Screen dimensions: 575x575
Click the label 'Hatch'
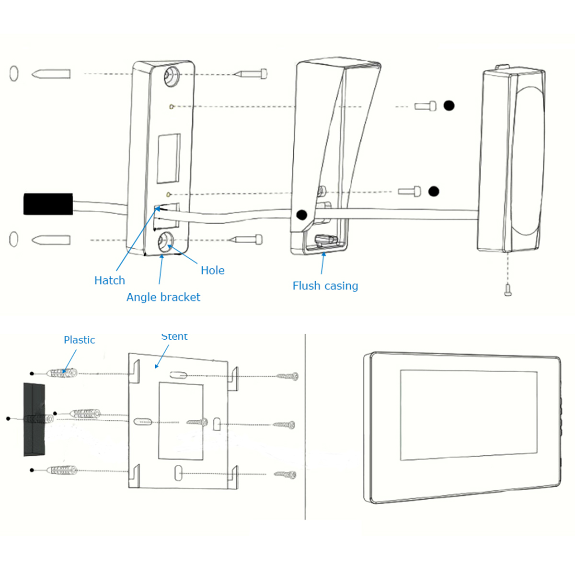[109, 280]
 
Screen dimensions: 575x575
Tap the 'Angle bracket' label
[163, 297]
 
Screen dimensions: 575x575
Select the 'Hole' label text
[212, 270]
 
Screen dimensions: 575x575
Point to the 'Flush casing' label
[325, 286]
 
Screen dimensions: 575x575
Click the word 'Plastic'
[79, 340]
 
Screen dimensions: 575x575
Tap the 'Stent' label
[174, 336]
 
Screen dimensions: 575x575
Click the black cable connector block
[48, 204]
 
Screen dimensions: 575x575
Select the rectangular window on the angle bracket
[169, 158]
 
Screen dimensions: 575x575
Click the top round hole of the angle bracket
[171, 75]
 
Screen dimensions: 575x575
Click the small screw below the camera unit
[508, 289]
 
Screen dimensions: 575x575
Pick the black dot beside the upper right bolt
[448, 105]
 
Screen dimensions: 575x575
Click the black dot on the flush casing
[301, 215]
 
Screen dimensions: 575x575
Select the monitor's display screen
[468, 415]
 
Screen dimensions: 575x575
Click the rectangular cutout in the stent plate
[181, 421]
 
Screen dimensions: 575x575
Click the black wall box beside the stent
[34, 419]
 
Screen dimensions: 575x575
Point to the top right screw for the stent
[287, 377]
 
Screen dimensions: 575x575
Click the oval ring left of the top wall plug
[14, 73]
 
